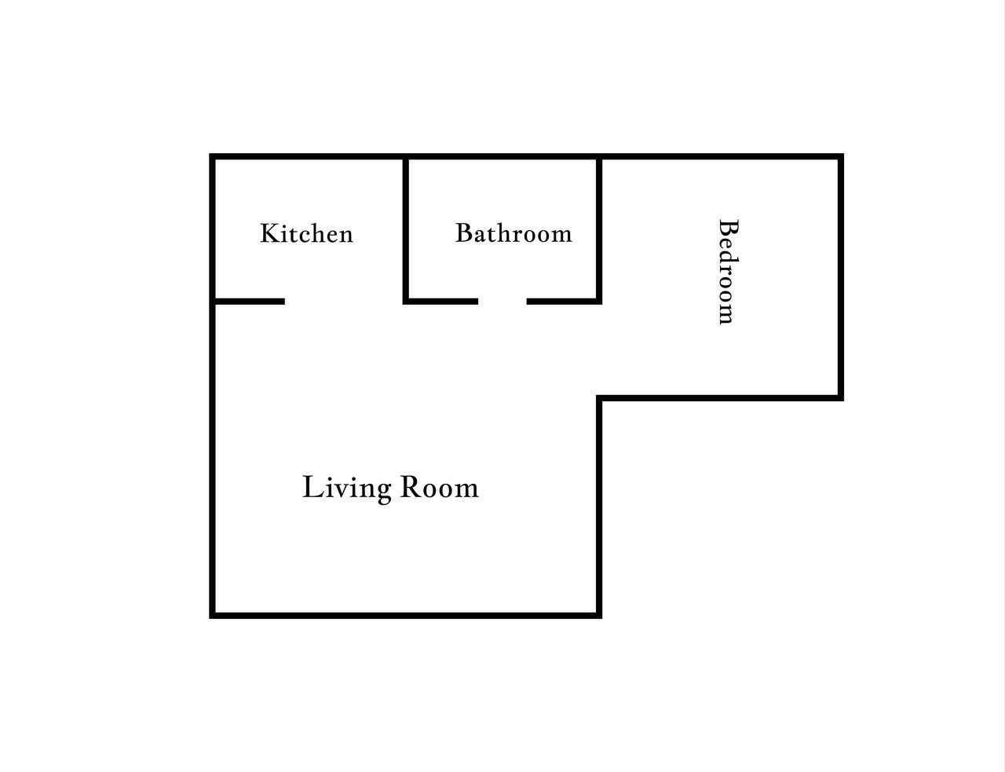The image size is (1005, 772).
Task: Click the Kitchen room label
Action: tap(307, 233)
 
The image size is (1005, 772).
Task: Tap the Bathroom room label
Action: tap(513, 232)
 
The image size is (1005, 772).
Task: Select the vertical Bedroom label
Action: tap(728, 272)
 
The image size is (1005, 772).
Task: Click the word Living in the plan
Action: tap(347, 488)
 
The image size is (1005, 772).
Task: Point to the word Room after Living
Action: tap(440, 488)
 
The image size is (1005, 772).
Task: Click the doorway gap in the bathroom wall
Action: tap(502, 302)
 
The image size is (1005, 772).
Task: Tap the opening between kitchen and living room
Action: tap(344, 302)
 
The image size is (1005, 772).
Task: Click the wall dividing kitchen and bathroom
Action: tap(406, 229)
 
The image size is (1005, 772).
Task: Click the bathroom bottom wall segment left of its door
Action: tap(440, 302)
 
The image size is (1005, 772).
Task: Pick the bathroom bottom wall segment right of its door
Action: tap(565, 302)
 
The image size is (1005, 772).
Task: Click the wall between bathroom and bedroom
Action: tap(599, 229)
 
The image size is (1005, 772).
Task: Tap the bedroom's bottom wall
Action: tap(720, 398)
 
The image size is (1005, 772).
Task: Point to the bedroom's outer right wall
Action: tap(841, 277)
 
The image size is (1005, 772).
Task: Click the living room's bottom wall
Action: tap(406, 615)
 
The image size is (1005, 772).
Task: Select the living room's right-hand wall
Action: tap(599, 507)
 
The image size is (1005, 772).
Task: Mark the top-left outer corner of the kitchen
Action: tap(210, 154)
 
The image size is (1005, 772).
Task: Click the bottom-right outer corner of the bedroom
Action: tap(843, 401)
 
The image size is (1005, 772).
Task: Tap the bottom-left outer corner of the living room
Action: tap(210, 618)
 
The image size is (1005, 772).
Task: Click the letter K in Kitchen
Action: tap(268, 233)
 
